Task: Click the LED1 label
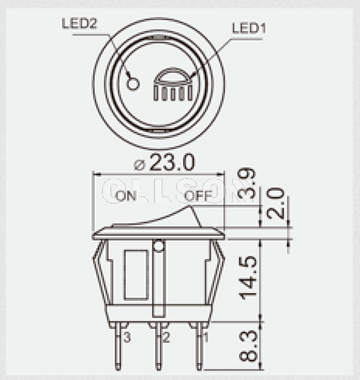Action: coord(247,29)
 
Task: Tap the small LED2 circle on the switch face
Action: coord(133,83)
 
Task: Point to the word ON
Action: coord(126,196)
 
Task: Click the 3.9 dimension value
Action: coord(247,183)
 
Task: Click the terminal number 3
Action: coord(127,338)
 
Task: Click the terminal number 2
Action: coord(166,338)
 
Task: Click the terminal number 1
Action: coord(205,338)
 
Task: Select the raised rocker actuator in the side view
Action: coord(162,217)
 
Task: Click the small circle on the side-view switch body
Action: coord(158,246)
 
